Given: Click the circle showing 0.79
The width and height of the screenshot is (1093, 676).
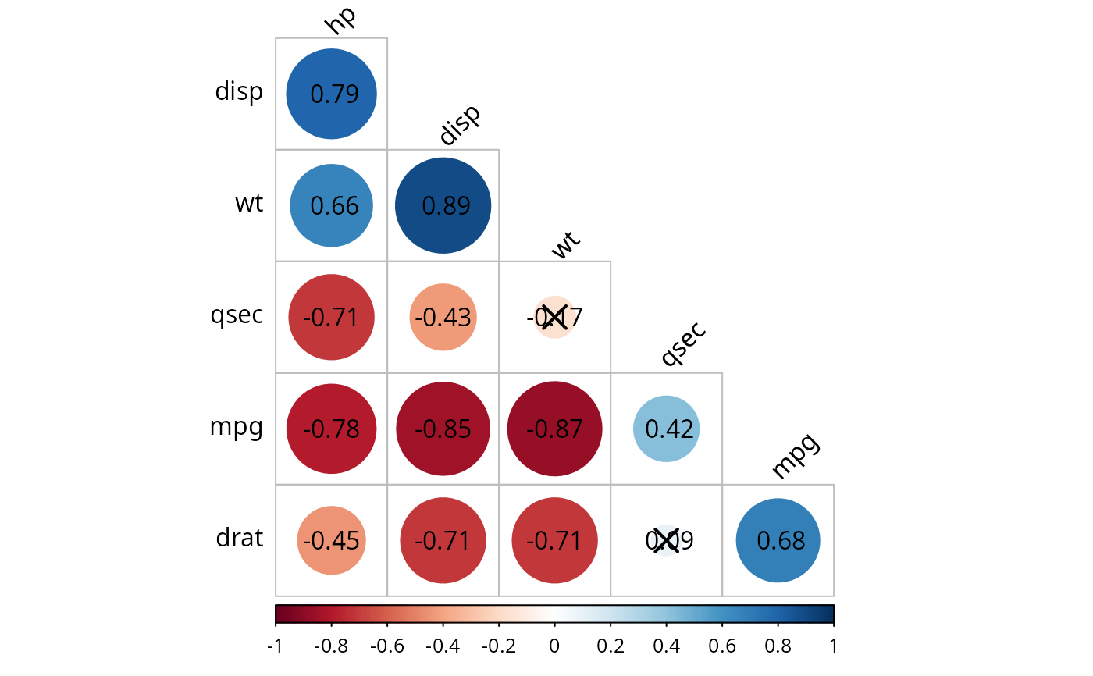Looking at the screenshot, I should coord(331,94).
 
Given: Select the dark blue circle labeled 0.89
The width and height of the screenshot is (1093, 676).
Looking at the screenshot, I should coord(443,205).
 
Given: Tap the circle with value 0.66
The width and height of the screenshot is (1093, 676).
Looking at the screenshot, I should coord(331,205).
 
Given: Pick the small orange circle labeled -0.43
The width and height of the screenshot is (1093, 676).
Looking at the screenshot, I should coord(443,317).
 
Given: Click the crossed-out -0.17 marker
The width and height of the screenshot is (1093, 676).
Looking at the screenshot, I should coord(554,317).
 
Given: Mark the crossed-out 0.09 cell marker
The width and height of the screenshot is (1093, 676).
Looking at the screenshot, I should coord(666,539).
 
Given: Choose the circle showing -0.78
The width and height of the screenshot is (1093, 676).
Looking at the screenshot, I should coord(331,429).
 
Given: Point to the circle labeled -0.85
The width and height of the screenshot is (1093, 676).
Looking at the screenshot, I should coord(443,429).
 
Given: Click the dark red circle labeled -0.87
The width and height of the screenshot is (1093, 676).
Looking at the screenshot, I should coord(554,429).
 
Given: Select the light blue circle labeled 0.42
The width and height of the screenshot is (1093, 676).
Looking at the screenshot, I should coord(666,429).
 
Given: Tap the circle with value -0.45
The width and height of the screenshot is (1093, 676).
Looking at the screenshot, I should coord(331,539).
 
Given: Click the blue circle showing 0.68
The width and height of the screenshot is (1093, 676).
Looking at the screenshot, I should coord(778,539).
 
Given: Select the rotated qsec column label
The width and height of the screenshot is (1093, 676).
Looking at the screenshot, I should coord(683,343).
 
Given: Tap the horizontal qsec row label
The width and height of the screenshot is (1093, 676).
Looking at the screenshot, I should coord(237,316).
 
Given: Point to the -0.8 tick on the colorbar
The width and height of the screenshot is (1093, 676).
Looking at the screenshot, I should coord(331,646).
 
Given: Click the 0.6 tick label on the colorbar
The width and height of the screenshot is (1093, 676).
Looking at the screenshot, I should coord(722,646).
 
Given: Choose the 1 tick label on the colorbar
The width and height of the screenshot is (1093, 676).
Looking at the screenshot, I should coord(833,646).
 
